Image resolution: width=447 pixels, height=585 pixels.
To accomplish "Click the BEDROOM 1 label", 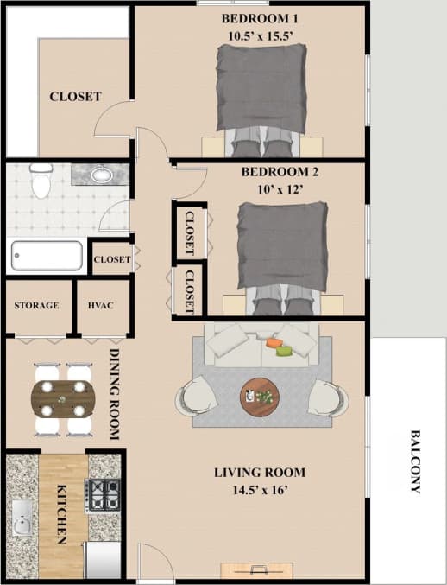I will [260, 19].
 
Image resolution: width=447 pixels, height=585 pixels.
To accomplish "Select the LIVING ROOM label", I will [260, 473].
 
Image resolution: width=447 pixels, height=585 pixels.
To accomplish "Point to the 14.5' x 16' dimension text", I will [260, 491].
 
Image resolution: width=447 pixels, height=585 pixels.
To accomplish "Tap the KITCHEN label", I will [62, 513].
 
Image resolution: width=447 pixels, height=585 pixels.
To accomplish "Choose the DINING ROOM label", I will [114, 394].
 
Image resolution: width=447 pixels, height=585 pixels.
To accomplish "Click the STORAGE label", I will [36, 306].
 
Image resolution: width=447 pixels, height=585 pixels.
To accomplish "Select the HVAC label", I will [101, 306].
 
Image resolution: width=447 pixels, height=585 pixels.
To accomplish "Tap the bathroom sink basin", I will [102, 175].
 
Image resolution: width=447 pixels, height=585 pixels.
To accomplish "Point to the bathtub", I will [47, 256].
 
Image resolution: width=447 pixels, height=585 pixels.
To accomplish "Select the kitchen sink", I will [21, 521].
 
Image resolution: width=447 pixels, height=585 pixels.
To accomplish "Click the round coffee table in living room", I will [259, 397].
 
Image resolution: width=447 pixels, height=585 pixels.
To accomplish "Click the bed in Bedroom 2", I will [282, 251].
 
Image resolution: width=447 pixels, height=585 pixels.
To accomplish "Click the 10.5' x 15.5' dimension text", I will [260, 37].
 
